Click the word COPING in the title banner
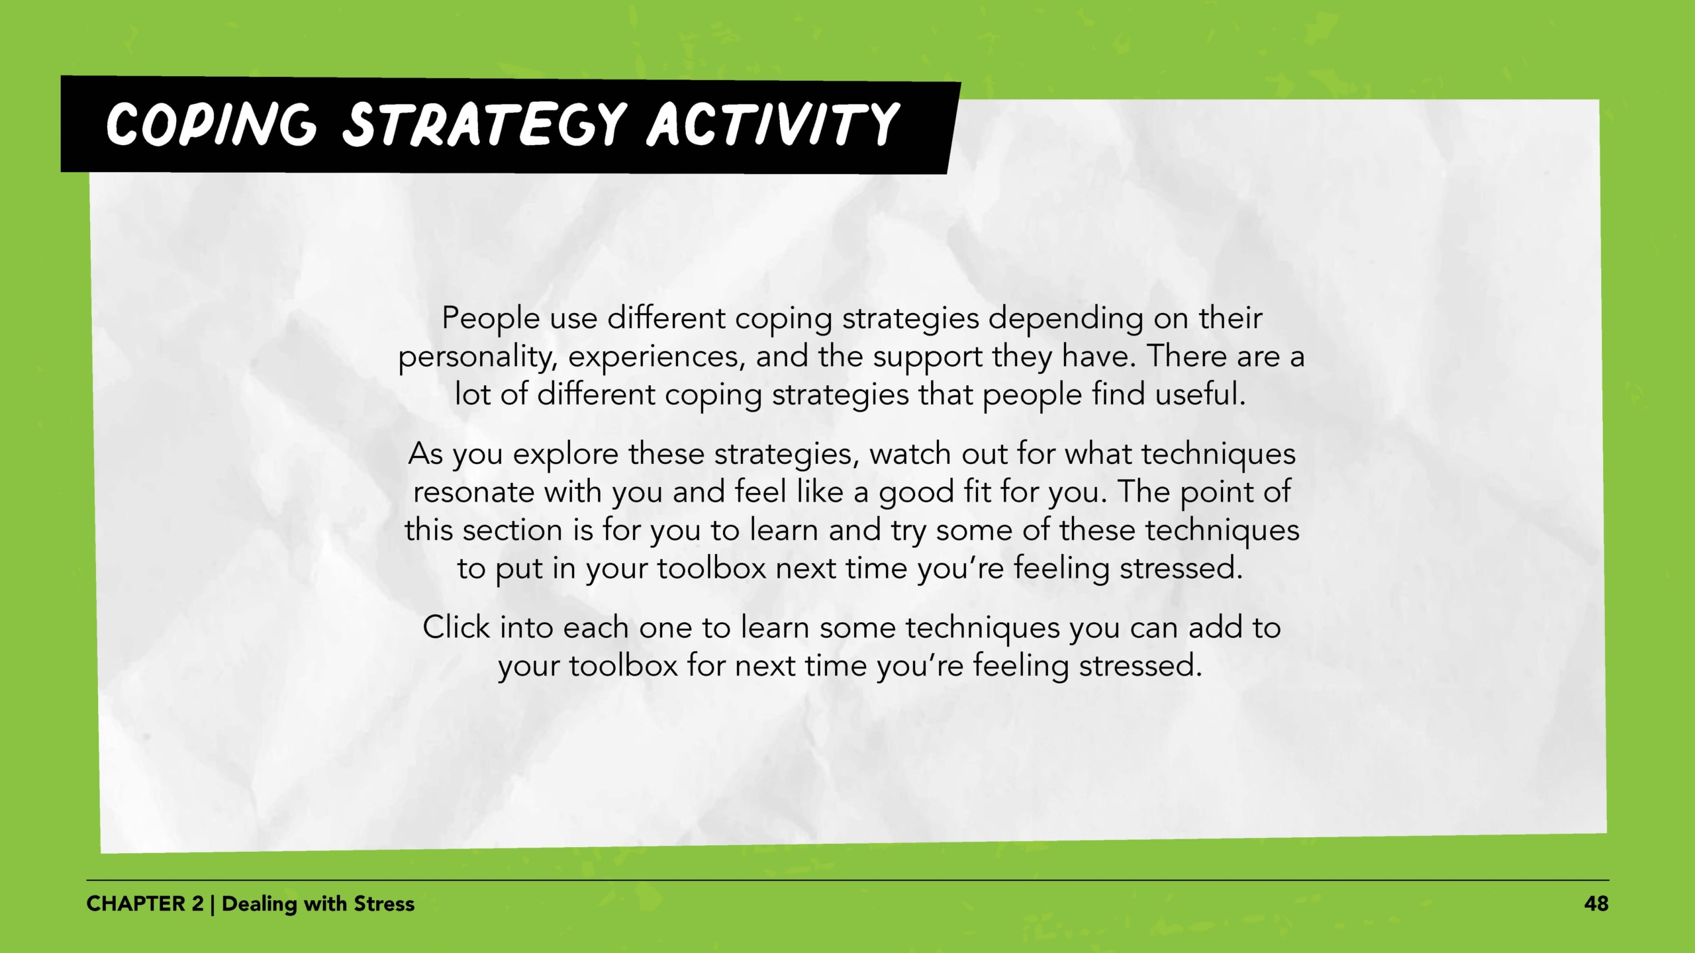tap(211, 124)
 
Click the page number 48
tap(1596, 904)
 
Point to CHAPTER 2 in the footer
tap(145, 904)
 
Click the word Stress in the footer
tap(384, 904)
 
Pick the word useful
tap(1200, 394)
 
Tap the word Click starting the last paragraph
tap(456, 627)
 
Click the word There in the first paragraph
tap(1186, 357)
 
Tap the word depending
tap(1066, 320)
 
